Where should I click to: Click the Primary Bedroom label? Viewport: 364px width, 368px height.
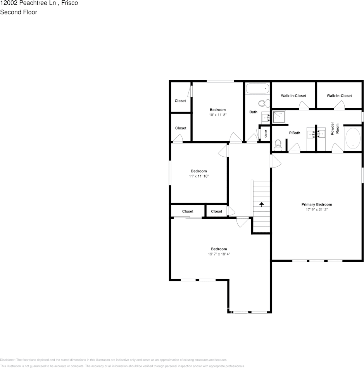pos(316,204)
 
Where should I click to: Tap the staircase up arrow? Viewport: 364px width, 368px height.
pos(262,204)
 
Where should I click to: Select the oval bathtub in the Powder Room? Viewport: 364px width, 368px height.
pos(352,138)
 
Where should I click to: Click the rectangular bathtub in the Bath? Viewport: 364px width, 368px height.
pos(257,89)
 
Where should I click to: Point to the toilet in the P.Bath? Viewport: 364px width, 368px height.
pos(278,145)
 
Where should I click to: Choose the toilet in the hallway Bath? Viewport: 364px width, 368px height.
pos(264,103)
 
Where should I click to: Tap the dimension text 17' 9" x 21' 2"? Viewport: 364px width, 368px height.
pos(316,210)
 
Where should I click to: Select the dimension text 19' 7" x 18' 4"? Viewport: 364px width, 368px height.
pos(219,254)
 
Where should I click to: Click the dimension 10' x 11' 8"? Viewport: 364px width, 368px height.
pos(217,115)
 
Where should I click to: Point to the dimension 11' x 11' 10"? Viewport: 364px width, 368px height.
pos(198,176)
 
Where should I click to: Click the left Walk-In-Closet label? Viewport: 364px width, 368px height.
pos(293,96)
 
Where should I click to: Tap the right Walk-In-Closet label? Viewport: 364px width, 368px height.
pos(339,96)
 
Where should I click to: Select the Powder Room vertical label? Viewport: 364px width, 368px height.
pos(335,129)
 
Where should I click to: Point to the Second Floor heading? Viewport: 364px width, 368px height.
pos(19,12)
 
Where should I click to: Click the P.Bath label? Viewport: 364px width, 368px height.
pos(295,133)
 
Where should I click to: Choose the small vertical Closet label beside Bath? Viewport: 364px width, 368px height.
pos(266,134)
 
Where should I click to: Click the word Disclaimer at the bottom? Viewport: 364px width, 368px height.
pos(7,360)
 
